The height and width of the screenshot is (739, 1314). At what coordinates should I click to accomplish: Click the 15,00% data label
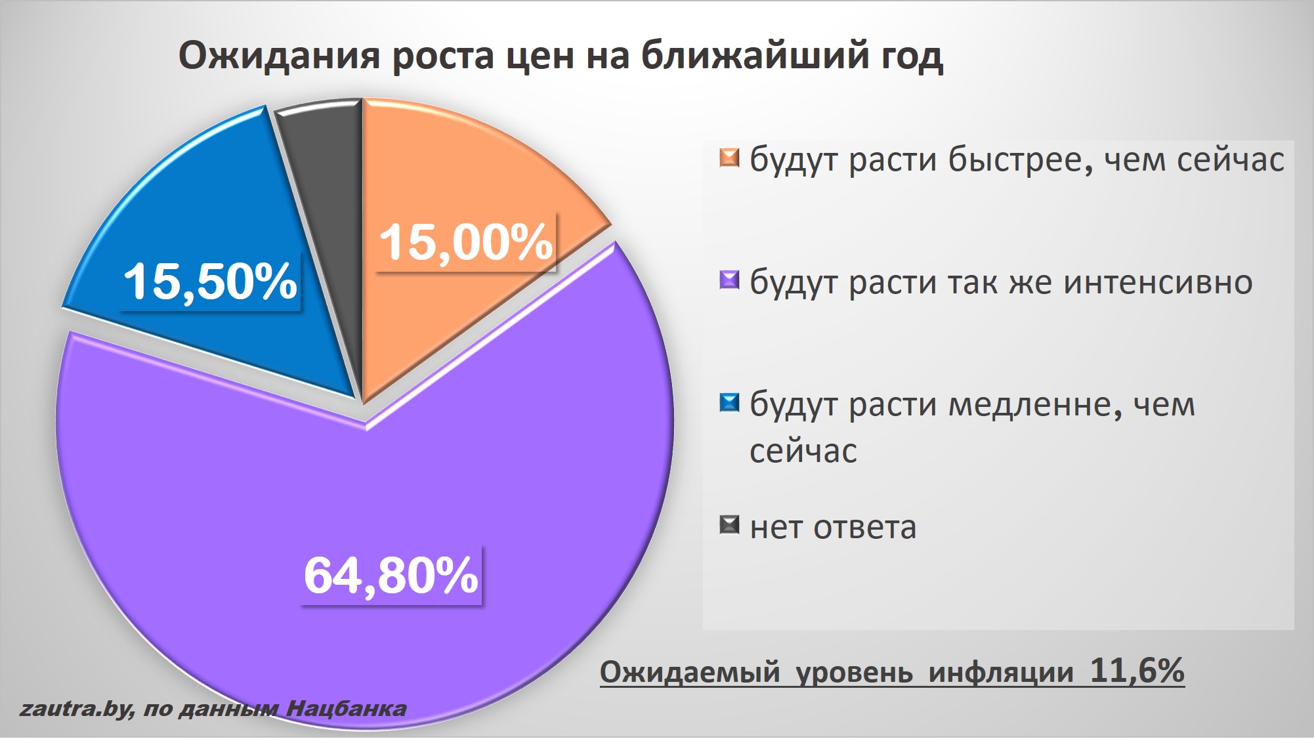(x=466, y=242)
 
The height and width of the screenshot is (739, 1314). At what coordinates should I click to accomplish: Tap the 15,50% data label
(x=210, y=282)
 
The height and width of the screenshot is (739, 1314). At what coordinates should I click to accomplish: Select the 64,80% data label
(x=391, y=576)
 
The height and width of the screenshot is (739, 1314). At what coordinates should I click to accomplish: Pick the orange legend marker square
(x=729, y=158)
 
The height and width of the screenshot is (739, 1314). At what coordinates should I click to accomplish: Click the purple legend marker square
(x=729, y=280)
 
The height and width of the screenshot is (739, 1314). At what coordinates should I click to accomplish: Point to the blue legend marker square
(x=729, y=402)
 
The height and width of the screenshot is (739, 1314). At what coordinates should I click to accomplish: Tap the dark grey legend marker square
(x=729, y=525)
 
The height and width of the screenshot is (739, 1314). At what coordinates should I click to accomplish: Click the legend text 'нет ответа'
(x=833, y=527)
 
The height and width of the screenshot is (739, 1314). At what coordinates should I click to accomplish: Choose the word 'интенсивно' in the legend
(x=1158, y=282)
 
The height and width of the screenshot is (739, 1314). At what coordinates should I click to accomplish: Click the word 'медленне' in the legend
(x=1030, y=405)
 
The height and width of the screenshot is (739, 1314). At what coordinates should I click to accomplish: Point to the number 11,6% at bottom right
(x=1137, y=670)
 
